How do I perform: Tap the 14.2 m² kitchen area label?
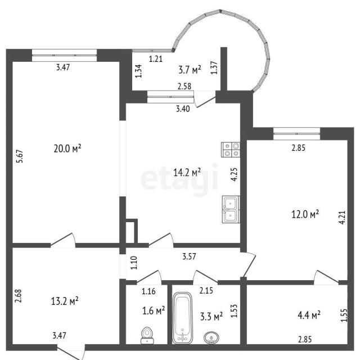pos(189,172)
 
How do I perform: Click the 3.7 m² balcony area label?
pos(190,70)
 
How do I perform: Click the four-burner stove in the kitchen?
pos(231,148)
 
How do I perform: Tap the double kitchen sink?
pos(231,209)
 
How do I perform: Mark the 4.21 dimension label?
pos(341,217)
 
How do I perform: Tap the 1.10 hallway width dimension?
pos(134,262)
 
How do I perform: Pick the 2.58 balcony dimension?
pos(184,87)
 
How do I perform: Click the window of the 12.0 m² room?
pos(296,133)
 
